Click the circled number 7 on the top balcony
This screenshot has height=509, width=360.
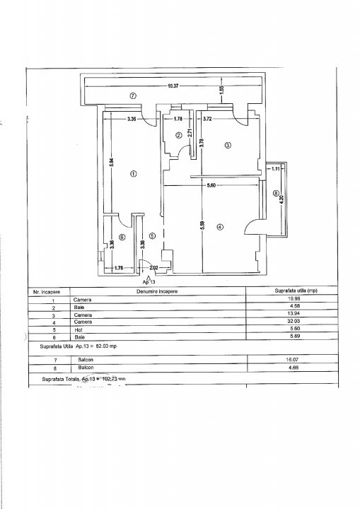(x=132, y=95)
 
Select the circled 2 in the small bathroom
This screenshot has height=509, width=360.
(x=179, y=135)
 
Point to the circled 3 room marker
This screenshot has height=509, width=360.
(x=227, y=146)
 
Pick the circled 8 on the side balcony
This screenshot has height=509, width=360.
(x=275, y=192)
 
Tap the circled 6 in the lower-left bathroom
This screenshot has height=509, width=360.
(x=122, y=238)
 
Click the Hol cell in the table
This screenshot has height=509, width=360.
(x=77, y=329)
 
